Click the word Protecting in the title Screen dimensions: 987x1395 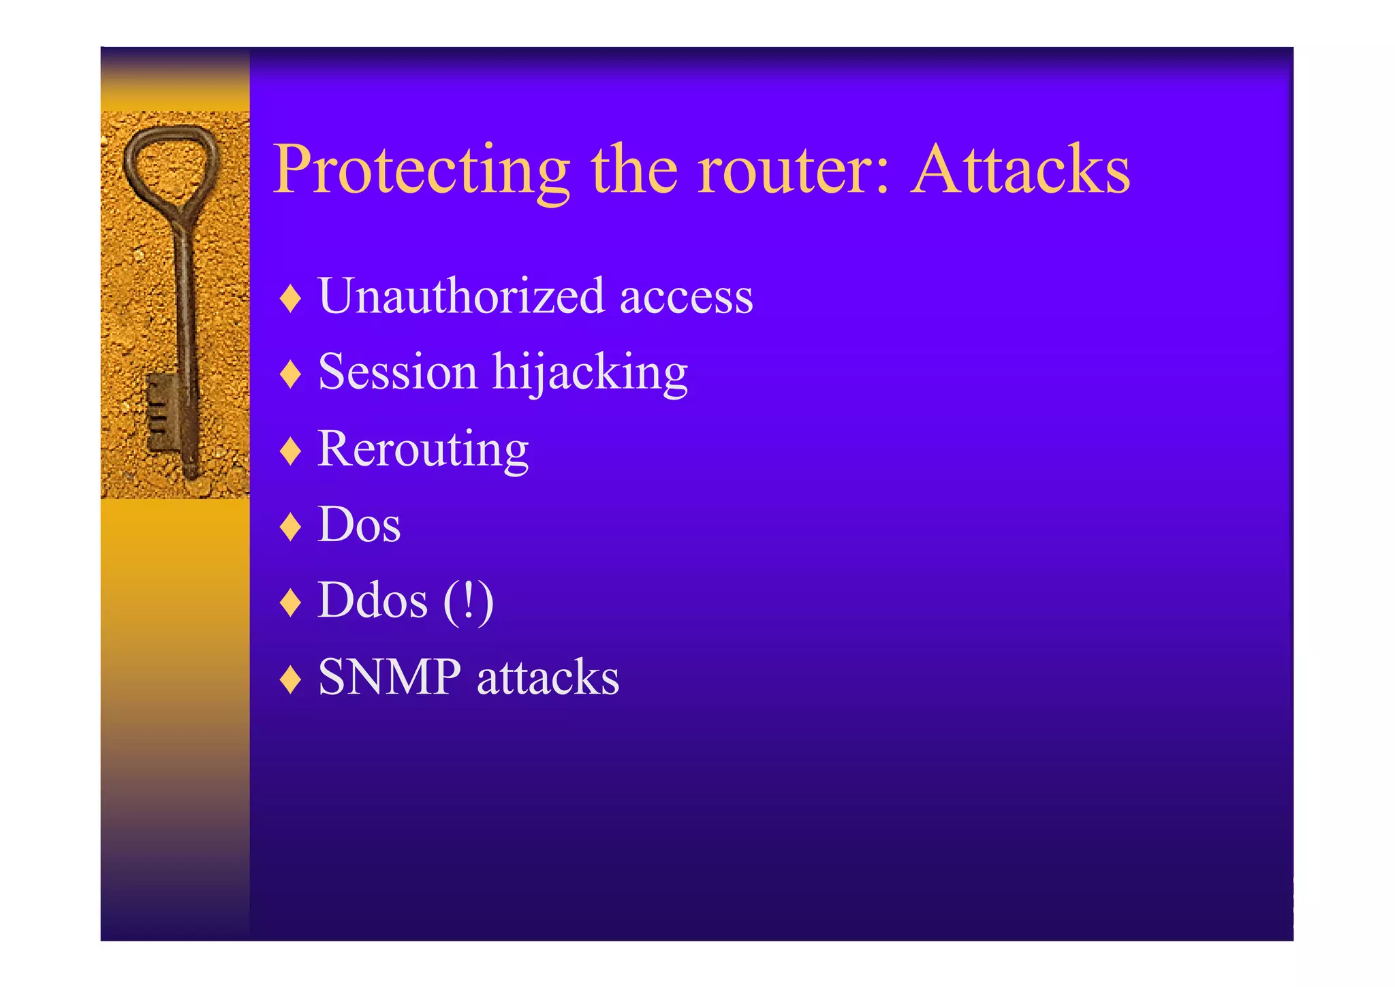click(x=421, y=170)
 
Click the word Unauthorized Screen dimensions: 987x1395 click(x=461, y=296)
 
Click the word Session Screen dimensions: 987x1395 click(x=398, y=372)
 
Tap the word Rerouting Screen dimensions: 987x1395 click(x=423, y=450)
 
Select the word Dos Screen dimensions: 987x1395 click(x=359, y=525)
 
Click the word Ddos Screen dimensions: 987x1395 click(x=373, y=601)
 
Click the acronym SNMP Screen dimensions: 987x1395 click(x=390, y=677)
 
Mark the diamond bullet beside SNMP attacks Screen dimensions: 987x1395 click(x=291, y=679)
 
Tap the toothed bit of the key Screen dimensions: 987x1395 click(x=161, y=411)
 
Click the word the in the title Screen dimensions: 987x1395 click(x=633, y=170)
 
